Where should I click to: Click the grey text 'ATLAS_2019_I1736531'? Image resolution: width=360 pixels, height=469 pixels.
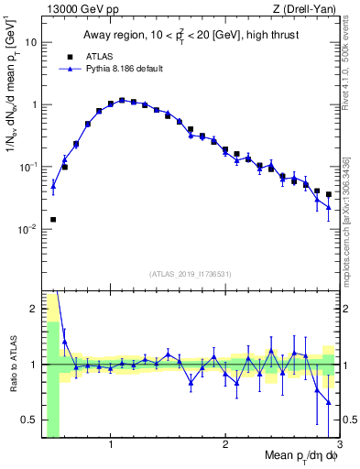(x=191, y=273)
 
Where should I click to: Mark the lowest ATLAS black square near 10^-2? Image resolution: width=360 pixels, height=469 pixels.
(x=53, y=220)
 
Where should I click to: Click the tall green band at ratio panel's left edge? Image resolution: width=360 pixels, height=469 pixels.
(x=53, y=385)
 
